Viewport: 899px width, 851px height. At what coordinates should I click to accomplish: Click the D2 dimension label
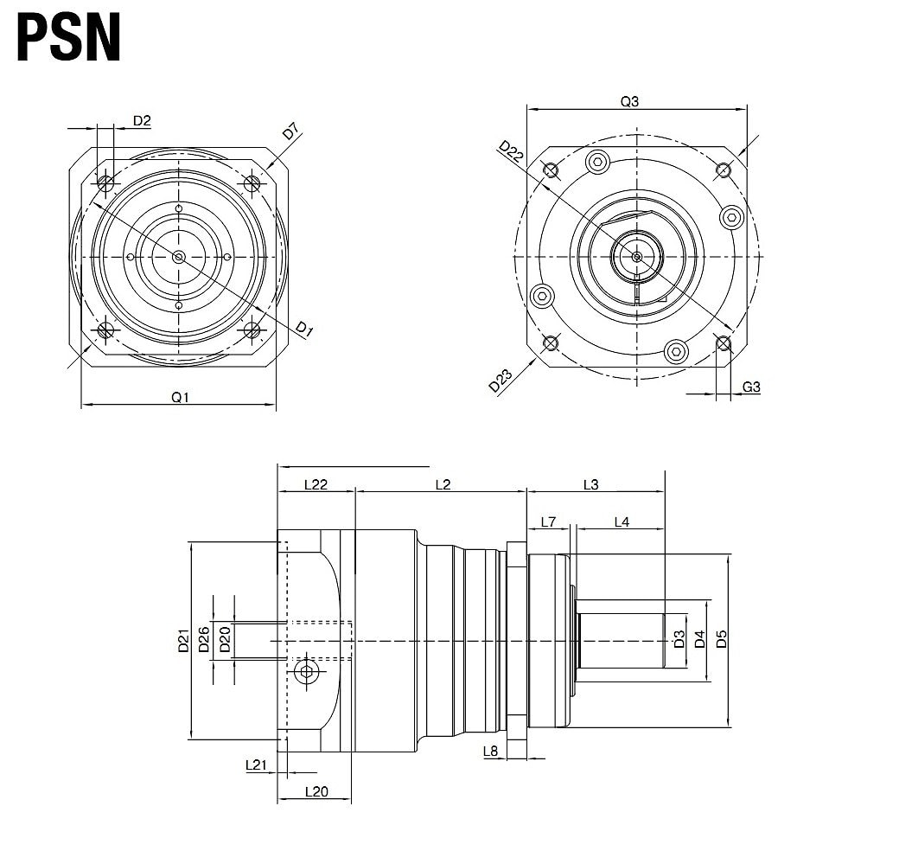(x=142, y=120)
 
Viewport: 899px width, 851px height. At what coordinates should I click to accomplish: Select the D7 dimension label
(x=290, y=132)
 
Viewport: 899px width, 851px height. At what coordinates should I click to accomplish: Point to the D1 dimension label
(x=303, y=329)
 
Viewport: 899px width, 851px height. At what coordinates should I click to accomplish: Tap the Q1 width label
(x=179, y=397)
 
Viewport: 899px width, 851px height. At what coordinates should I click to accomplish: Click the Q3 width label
(x=629, y=101)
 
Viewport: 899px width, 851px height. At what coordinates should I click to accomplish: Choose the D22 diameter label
(x=511, y=152)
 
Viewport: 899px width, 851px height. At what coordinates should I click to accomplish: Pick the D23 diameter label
(x=501, y=381)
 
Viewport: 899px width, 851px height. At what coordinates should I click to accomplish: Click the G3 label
(x=751, y=387)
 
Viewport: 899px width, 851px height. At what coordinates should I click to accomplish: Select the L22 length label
(x=316, y=484)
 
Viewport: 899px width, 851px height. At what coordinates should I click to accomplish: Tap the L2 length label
(x=442, y=484)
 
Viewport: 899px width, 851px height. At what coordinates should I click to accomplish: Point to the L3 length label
(x=590, y=484)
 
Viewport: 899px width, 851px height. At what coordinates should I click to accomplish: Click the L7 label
(x=548, y=521)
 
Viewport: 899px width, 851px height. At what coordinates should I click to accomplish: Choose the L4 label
(x=622, y=521)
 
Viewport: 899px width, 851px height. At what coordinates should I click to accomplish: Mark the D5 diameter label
(x=722, y=639)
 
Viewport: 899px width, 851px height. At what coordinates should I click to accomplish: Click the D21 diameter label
(x=183, y=641)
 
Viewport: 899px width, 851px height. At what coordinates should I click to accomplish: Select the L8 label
(x=491, y=751)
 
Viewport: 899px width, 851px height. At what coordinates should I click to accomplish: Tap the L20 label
(x=316, y=791)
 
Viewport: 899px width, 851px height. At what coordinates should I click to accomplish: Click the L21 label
(x=256, y=765)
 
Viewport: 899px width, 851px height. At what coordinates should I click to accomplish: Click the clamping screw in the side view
(x=306, y=672)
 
